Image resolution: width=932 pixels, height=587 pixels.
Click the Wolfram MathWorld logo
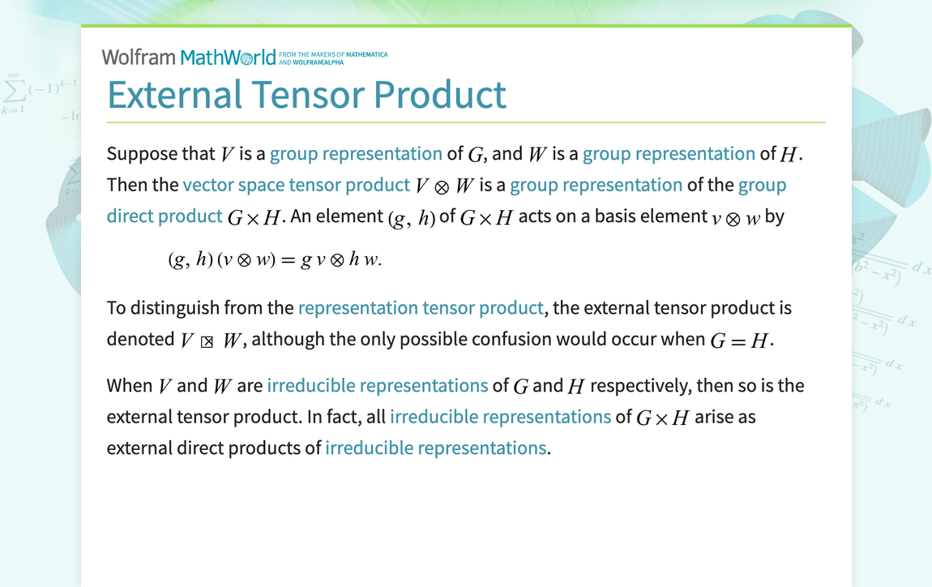[x=188, y=57]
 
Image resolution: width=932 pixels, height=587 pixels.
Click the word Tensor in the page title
[x=309, y=95]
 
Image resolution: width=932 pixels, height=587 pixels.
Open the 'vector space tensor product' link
[x=296, y=185]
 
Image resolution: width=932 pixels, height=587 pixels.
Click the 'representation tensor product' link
[x=420, y=308]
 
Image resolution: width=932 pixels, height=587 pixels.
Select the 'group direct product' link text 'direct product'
[x=165, y=216]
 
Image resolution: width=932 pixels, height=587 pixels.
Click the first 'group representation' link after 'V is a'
[x=356, y=154]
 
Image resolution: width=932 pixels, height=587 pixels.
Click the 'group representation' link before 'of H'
[x=669, y=154]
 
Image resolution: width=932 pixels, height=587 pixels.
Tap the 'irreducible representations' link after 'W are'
[x=377, y=385]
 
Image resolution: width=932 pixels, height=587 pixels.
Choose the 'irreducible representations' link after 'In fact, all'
[x=500, y=417]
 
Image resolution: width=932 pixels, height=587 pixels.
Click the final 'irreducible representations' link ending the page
[x=435, y=448]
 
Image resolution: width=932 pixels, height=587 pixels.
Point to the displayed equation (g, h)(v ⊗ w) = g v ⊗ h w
[x=275, y=259]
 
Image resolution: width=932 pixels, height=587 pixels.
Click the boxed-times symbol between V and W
[x=207, y=341]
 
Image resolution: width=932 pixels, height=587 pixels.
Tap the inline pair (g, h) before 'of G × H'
[x=411, y=218]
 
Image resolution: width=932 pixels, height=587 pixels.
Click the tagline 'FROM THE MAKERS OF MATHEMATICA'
[x=332, y=54]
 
